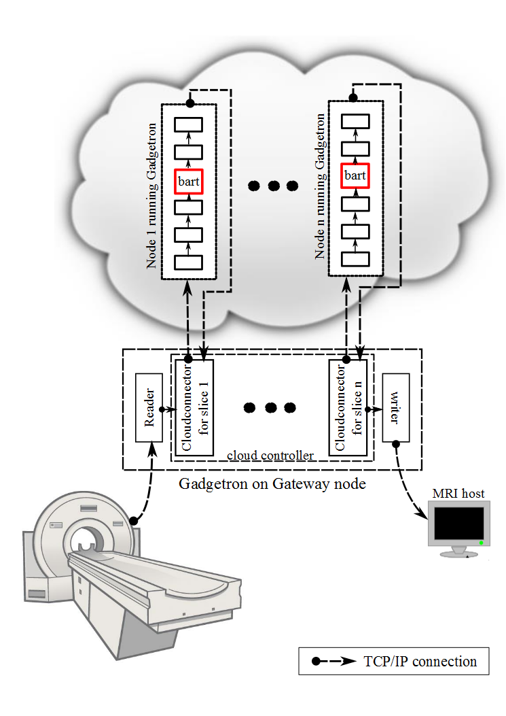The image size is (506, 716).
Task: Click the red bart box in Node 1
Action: click(189, 181)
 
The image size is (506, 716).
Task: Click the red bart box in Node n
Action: click(355, 176)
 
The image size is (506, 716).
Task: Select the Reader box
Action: click(149, 408)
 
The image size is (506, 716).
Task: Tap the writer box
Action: click(396, 408)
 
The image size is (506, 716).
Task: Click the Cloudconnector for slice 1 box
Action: click(194, 408)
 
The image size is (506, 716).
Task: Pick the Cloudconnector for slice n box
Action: click(348, 408)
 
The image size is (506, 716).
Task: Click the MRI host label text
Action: click(458, 494)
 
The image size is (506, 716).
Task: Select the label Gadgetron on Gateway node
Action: click(272, 484)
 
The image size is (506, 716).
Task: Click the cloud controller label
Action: click(270, 455)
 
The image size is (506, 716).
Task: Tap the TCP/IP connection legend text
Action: click(420, 661)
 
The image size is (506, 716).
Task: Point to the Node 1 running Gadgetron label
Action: click(153, 195)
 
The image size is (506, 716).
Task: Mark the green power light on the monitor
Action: click(480, 543)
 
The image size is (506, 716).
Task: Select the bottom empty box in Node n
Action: click(355, 258)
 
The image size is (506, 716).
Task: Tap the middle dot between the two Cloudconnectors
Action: click(270, 408)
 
